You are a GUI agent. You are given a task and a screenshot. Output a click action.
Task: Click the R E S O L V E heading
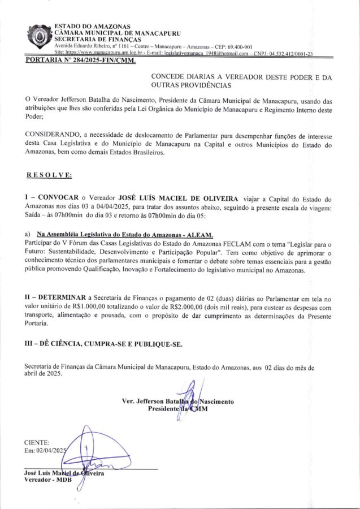(49, 175)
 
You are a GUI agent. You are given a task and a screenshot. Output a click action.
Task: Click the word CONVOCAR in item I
(59, 199)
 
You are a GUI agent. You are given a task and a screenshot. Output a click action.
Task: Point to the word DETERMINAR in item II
(62, 297)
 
